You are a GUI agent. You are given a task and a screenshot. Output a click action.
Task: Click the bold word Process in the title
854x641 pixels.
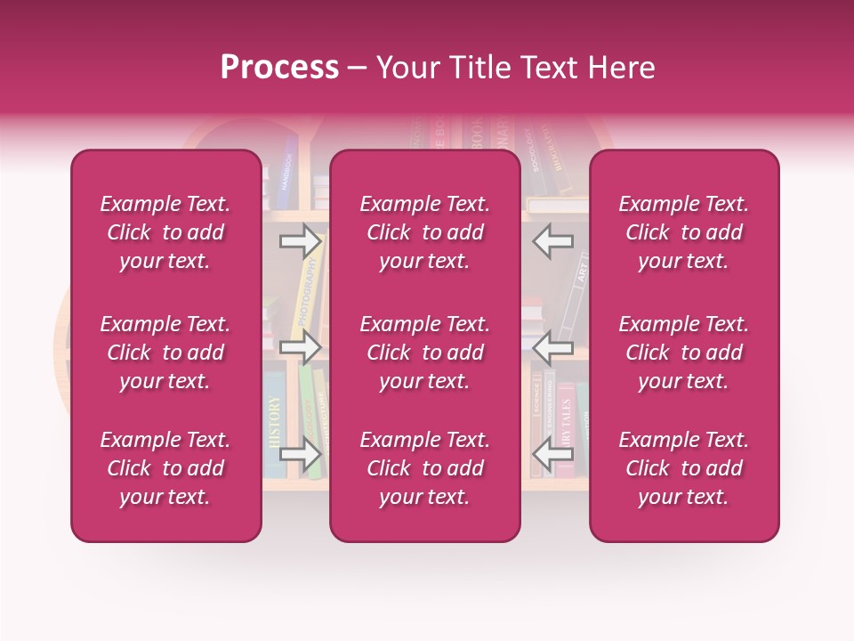coord(279,67)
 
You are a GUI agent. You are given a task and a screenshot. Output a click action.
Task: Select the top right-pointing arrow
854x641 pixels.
coord(301,240)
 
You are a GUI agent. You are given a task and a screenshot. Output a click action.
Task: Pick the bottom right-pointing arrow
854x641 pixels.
coord(301,455)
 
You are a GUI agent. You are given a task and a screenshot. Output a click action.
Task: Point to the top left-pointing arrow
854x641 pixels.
coord(552,240)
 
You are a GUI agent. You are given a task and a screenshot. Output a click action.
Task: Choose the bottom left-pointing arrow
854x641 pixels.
coord(552,455)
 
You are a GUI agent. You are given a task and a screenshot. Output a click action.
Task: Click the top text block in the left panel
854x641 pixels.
coord(165,232)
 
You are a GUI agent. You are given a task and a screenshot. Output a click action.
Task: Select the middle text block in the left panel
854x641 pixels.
coord(165,353)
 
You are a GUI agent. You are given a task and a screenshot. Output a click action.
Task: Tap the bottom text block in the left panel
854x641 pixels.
coord(165,468)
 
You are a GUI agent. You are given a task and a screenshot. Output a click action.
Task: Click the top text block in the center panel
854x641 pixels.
coord(425,232)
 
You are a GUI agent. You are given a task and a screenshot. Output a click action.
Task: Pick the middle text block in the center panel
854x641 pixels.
coord(425,353)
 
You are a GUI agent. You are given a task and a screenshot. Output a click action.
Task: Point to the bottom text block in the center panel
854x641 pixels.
coord(425,468)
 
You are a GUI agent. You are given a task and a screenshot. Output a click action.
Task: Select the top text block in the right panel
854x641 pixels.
coord(684,232)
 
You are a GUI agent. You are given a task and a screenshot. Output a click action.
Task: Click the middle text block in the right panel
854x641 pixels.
coord(684,353)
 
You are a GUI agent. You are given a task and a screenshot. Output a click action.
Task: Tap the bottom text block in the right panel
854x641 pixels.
coord(684,468)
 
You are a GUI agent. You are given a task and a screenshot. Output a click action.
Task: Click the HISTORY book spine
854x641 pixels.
coord(274,423)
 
